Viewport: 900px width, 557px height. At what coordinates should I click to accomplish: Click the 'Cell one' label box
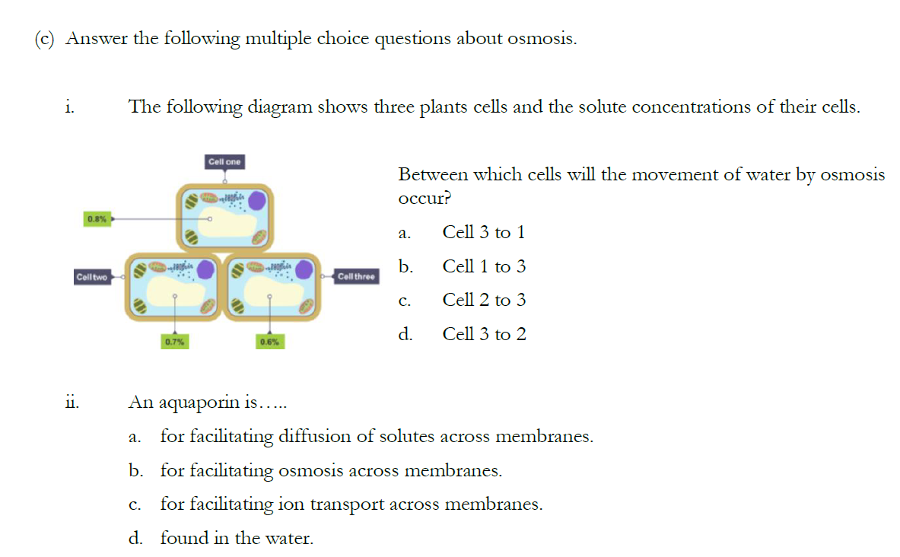(224, 162)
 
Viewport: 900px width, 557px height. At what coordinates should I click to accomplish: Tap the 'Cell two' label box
(92, 278)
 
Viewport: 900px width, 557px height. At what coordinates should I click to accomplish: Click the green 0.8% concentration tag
(97, 219)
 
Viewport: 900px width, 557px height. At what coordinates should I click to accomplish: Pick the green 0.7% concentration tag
(175, 342)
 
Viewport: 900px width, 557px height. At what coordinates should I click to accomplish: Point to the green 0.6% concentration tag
(269, 342)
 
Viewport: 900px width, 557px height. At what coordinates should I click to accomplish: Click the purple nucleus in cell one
(258, 200)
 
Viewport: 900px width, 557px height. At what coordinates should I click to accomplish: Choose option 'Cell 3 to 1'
(484, 233)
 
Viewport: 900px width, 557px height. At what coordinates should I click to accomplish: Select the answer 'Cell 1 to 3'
(484, 267)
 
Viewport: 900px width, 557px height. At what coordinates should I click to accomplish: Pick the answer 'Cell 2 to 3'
(484, 301)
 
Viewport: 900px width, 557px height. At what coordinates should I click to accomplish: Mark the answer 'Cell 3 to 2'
(484, 335)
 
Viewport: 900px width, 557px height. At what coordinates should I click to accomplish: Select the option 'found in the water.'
(237, 539)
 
